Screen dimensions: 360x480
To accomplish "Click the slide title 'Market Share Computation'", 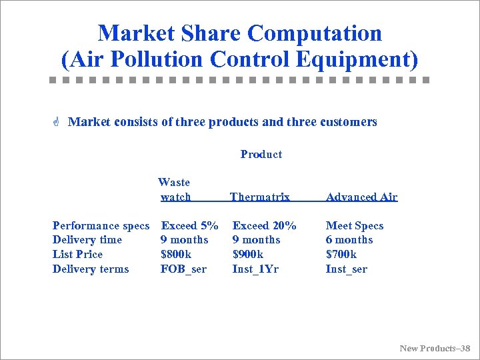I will coord(239,33).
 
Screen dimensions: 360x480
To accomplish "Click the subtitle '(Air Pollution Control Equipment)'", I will coord(239,59).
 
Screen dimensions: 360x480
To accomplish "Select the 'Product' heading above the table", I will coord(261,154).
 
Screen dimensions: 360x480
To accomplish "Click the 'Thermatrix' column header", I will coord(259,197).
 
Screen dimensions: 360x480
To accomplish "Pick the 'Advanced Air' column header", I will coord(361,197).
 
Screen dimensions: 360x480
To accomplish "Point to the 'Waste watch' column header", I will coord(175,189).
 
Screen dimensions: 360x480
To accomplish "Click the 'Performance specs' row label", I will coord(101,225).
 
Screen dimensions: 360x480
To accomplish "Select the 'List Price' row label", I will coord(77,254).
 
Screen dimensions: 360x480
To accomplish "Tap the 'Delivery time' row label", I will coord(87,239).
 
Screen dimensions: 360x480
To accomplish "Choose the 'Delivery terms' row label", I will coord(90,269).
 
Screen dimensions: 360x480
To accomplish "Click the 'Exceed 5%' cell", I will coord(189,225).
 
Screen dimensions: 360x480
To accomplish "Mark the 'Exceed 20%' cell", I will coord(264,225).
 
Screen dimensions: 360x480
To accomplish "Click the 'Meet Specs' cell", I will coord(354,225).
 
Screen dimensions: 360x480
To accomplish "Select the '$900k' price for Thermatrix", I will coord(247,254).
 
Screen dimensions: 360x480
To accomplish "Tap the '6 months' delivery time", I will coord(349,239).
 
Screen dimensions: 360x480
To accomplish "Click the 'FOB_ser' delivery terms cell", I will coord(183,269).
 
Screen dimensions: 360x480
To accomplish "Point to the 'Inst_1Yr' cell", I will coord(255,269).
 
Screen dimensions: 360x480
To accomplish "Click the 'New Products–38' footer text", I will coord(435,348).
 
